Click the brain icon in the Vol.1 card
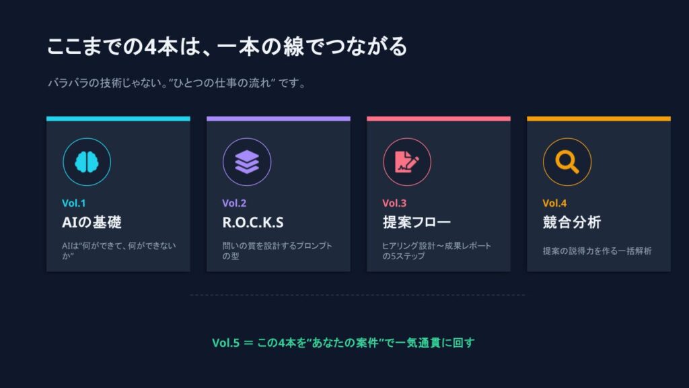tap(87, 162)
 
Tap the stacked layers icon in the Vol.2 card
tap(247, 162)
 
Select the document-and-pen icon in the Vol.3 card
tap(407, 162)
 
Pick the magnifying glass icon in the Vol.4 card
tap(567, 162)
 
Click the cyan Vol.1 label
tap(74, 203)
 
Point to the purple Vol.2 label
tap(234, 203)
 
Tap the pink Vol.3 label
tap(394, 203)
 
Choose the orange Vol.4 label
tap(554, 203)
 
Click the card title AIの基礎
tap(92, 222)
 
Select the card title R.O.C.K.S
tap(253, 222)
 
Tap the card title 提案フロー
tap(416, 222)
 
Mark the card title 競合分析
tap(572, 222)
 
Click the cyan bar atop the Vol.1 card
tap(118, 119)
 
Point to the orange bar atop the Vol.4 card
tap(599, 119)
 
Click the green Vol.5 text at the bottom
tap(344, 342)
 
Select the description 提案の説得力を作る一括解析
tap(597, 251)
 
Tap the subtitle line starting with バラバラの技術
tap(177, 83)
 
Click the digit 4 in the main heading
tap(151, 46)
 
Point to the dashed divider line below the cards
tap(358, 295)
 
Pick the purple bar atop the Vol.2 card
tap(279, 119)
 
